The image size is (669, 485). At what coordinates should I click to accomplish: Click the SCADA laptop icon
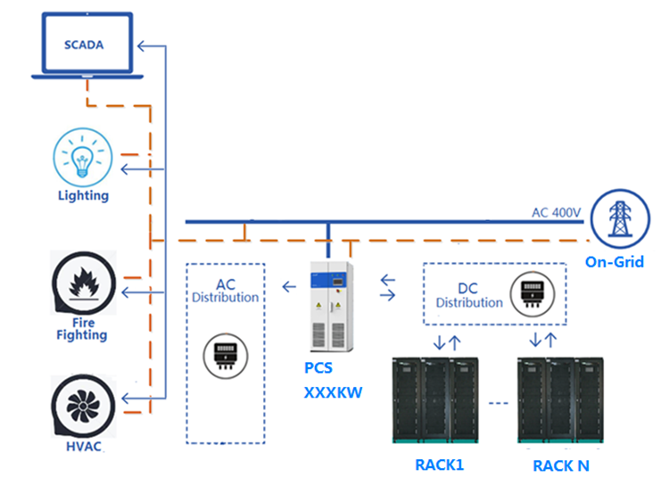83,45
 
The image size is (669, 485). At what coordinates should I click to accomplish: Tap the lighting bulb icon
83,156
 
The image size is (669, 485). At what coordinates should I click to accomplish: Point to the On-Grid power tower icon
617,218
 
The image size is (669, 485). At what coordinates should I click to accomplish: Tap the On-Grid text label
615,262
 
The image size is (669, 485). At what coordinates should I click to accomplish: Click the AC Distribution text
225,291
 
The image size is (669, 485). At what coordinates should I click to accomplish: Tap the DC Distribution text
469,295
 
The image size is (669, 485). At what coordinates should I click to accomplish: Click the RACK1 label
439,464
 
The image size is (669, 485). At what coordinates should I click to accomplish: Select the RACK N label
560,464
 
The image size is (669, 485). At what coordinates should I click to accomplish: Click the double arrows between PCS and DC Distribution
389,286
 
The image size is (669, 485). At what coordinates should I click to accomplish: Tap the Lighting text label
83,195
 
